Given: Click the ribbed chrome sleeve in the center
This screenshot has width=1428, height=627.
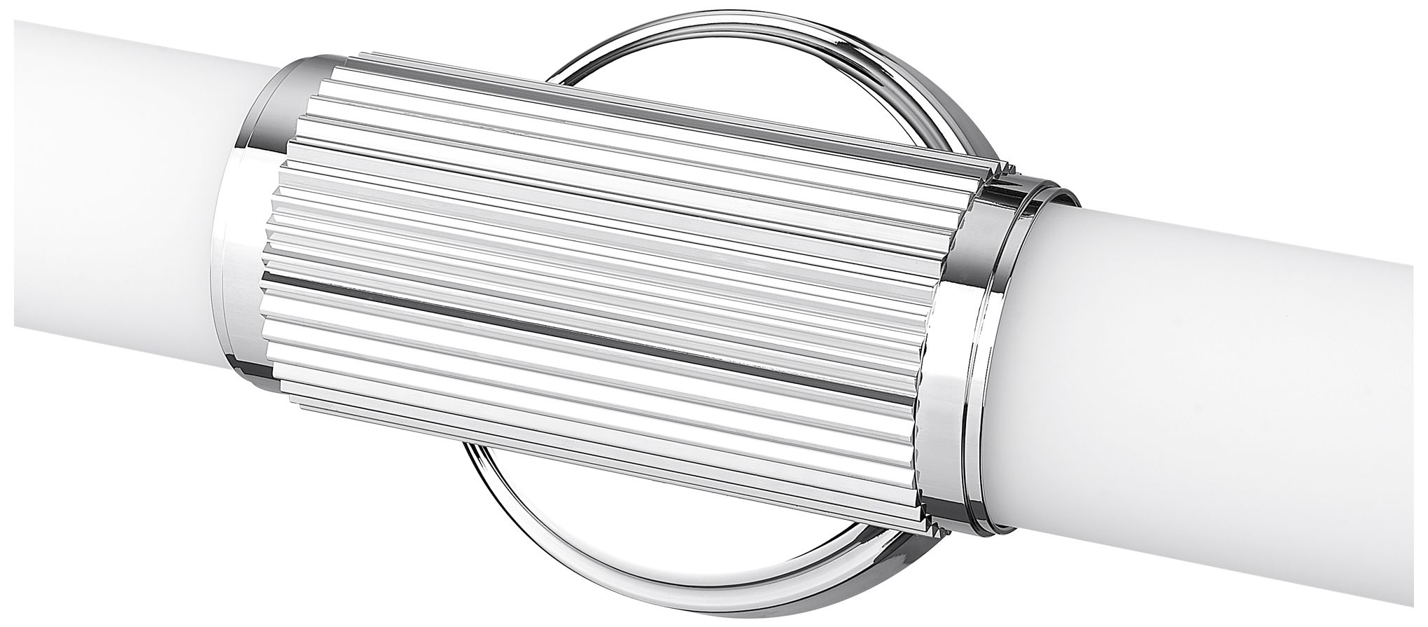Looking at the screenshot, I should pyautogui.click(x=595, y=280).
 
